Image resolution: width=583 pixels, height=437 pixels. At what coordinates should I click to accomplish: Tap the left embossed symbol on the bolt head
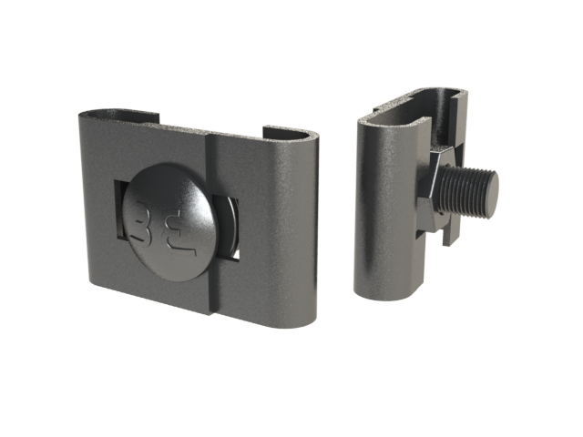[142, 221]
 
